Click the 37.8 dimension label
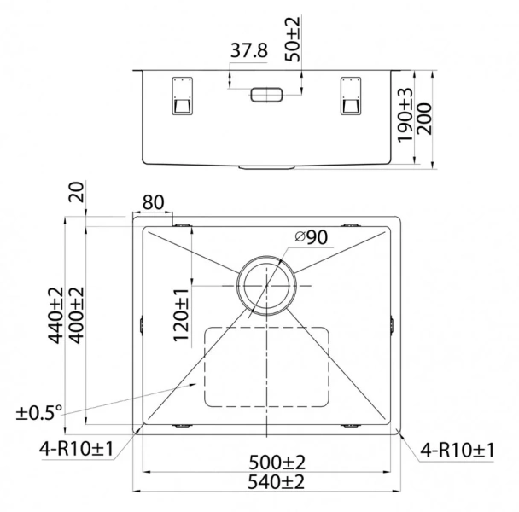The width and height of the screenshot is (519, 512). point(249,52)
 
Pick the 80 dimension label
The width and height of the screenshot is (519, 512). point(153,203)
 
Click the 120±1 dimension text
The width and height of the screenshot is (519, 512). point(181,315)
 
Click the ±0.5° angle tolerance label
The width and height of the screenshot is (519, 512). point(39,413)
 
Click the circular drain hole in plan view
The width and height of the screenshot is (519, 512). point(266,285)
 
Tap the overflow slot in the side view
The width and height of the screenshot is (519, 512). point(266,95)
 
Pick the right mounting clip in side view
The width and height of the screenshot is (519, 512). point(350,96)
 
